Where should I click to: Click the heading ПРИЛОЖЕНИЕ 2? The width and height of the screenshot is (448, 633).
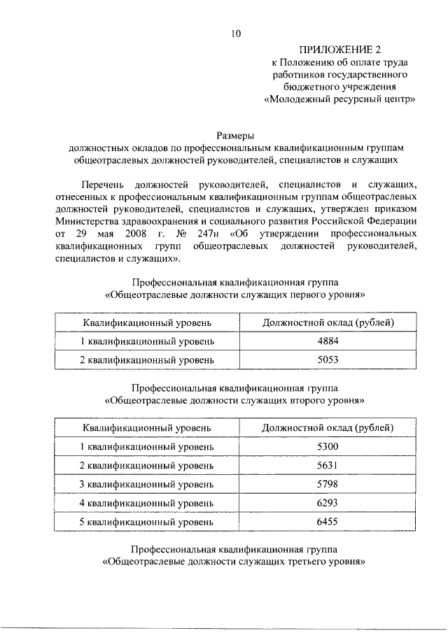[341, 49]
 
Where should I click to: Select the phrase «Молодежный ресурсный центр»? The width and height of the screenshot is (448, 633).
[341, 99]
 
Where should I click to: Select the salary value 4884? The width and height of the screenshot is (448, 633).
[328, 341]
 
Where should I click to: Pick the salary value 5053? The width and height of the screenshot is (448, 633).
[328, 360]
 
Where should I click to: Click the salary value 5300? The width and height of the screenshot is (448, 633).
[328, 446]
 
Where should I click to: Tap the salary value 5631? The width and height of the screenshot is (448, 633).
[328, 464]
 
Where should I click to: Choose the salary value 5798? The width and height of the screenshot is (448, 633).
[328, 483]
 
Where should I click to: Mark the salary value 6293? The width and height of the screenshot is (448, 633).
[328, 502]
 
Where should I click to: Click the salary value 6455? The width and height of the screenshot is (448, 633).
[328, 521]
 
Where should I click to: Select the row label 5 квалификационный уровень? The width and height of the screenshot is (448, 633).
[147, 521]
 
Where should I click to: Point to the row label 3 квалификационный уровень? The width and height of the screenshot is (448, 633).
[147, 483]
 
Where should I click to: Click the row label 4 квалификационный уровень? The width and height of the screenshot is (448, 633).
[147, 502]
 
